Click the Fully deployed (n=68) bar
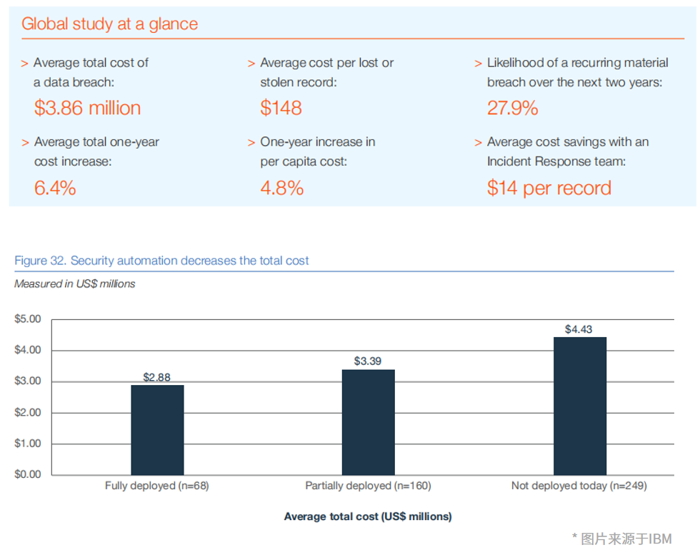[x=157, y=430]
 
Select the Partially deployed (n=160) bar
[x=368, y=422]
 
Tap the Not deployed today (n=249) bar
[x=579, y=406]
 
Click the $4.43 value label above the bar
[x=579, y=329]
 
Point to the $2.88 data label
[x=157, y=377]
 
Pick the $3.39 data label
[x=368, y=361]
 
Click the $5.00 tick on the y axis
[x=28, y=319]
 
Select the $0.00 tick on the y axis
[x=28, y=474]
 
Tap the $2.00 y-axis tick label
[x=28, y=412]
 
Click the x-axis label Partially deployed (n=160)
[x=368, y=486]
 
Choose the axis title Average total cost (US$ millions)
[x=368, y=516]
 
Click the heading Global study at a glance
[x=109, y=24]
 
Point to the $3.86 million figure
[x=87, y=108]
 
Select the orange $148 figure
[x=281, y=108]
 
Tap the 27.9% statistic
[x=512, y=108]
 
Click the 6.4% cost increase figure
[x=55, y=188]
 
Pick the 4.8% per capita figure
[x=281, y=188]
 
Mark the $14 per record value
[x=549, y=188]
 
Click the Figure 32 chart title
[x=161, y=261]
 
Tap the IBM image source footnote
[x=621, y=539]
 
